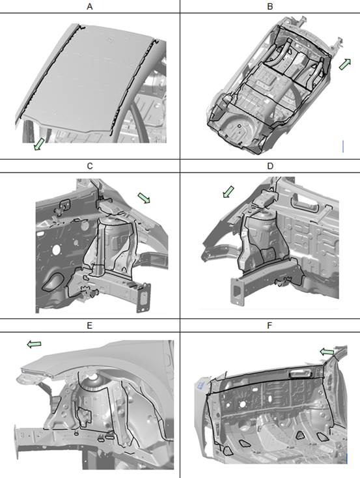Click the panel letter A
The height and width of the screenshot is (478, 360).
point(90,7)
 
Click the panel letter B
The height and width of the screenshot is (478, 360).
point(270,7)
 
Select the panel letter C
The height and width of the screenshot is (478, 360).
point(90,166)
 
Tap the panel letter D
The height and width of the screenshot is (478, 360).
point(270,166)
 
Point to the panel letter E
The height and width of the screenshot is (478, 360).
point(90,326)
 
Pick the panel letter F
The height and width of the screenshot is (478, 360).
point(270,326)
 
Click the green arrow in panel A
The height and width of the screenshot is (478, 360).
point(38,144)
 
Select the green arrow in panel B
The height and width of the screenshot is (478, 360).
point(345,64)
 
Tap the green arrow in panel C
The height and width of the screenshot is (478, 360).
point(144,197)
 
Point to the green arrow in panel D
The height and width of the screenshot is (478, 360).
point(228,191)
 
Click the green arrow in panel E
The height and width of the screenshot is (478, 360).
point(34,344)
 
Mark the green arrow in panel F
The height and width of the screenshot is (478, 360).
point(327,352)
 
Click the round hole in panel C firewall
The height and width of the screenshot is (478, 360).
point(56,250)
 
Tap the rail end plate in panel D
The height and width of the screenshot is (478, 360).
point(236,291)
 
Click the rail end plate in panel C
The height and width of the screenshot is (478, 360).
point(144,298)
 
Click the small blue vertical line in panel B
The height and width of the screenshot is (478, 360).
point(343,147)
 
